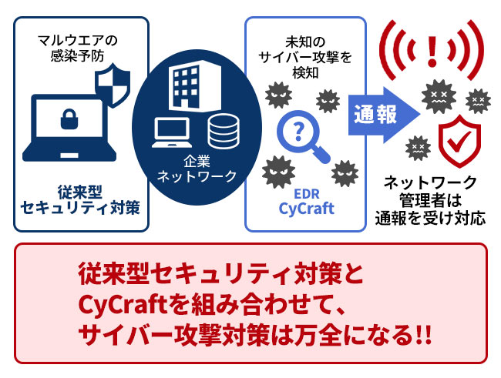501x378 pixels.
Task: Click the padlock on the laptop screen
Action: pyautogui.click(x=69, y=119)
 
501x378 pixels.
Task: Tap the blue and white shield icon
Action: pyautogui.click(x=113, y=85)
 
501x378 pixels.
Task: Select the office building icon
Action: pyautogui.click(x=195, y=85)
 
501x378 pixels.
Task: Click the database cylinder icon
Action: pyautogui.click(x=224, y=132)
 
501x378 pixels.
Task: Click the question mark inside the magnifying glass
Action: pyautogui.click(x=298, y=130)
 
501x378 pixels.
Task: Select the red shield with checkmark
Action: pyautogui.click(x=459, y=141)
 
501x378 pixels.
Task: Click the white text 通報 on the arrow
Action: pyautogui.click(x=375, y=114)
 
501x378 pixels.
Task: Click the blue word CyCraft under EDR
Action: pyautogui.click(x=307, y=209)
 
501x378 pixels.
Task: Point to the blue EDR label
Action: pyautogui.click(x=307, y=194)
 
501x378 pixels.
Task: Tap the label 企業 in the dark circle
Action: pyautogui.click(x=197, y=161)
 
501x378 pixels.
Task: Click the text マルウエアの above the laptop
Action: pyautogui.click(x=78, y=41)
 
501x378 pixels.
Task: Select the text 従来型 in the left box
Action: pyautogui.click(x=80, y=192)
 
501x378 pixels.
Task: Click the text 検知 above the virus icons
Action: pyautogui.click(x=306, y=72)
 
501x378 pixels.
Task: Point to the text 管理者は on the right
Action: pyautogui.click(x=431, y=200)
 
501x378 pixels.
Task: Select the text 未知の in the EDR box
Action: pyautogui.click(x=305, y=42)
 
